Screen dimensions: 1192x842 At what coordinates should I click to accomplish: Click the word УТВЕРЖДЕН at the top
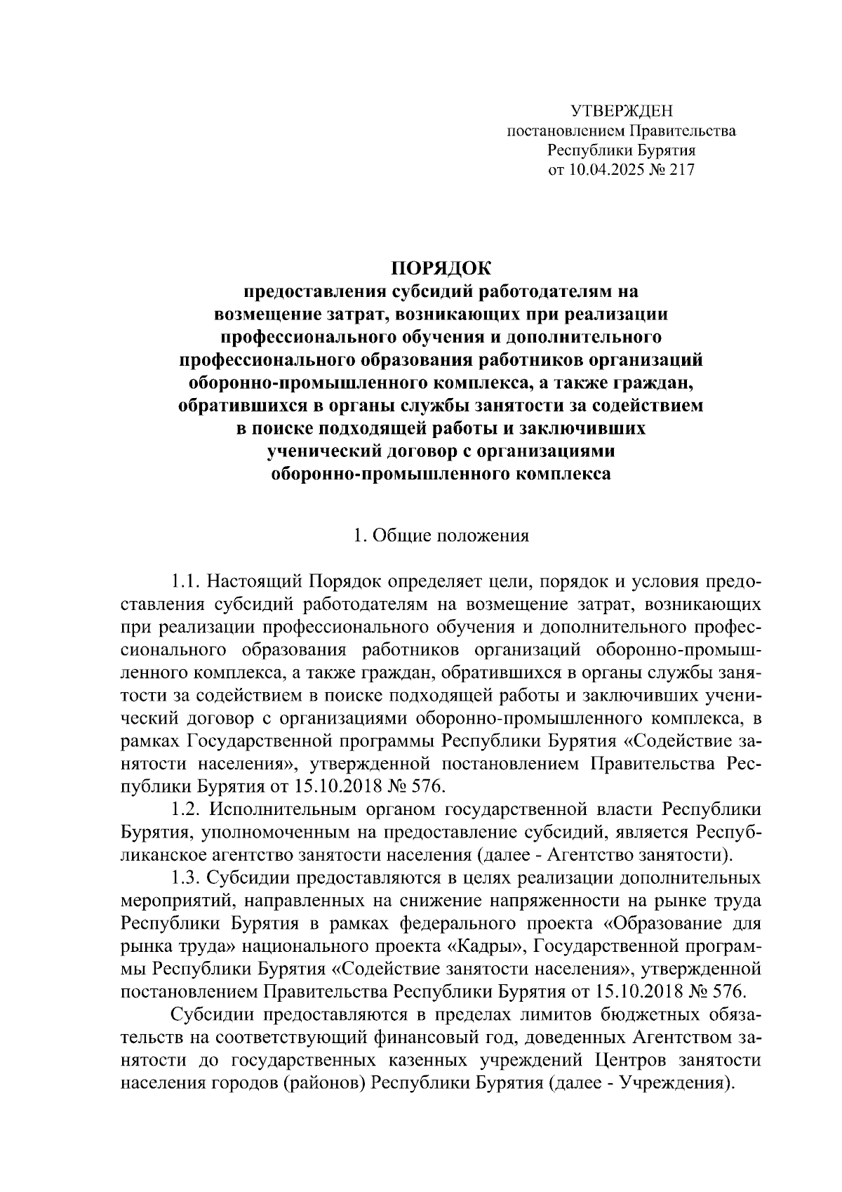(621, 111)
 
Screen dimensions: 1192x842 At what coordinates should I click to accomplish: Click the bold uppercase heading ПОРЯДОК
(441, 268)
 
